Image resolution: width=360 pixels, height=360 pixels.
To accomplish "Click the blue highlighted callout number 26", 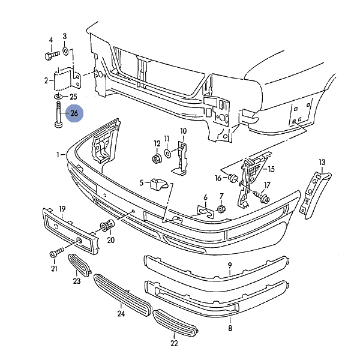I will click(74, 113).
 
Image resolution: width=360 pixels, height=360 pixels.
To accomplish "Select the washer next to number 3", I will click(65, 52).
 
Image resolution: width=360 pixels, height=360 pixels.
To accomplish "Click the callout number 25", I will click(73, 96).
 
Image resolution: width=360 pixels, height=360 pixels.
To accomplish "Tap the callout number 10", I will click(183, 131).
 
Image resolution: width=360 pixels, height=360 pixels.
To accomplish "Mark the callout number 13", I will click(322, 163).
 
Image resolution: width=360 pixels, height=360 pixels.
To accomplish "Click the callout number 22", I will click(174, 344).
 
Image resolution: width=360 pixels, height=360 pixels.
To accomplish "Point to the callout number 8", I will click(230, 328).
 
